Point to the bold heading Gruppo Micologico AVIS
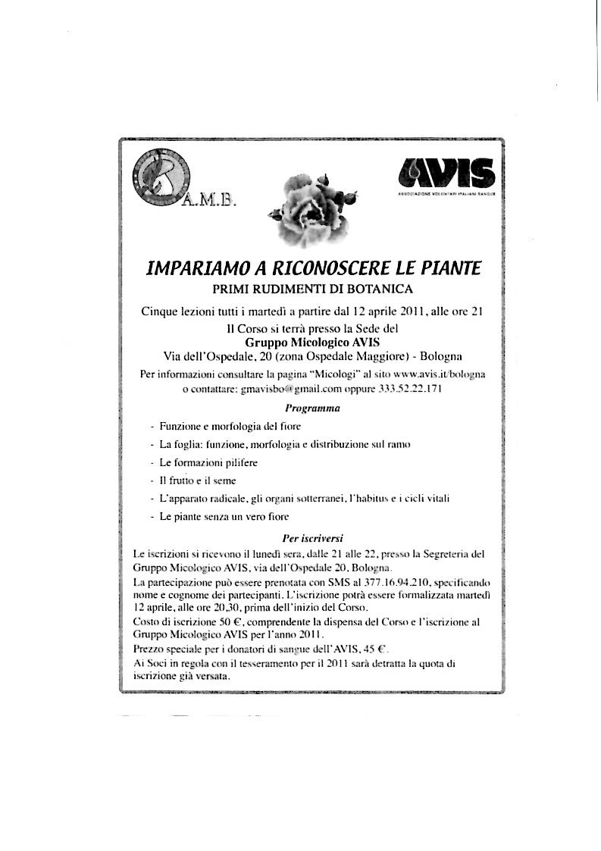point(311,342)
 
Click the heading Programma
point(311,408)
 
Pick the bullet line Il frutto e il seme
point(198,480)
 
